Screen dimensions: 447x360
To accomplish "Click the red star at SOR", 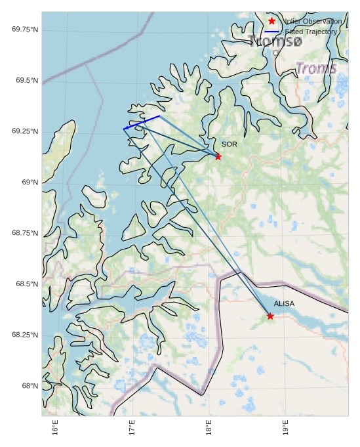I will click(x=218, y=156).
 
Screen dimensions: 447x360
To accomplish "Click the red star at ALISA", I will click(x=270, y=316).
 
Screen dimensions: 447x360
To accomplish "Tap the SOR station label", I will click(x=229, y=144).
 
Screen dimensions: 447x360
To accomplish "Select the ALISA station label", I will click(x=284, y=304).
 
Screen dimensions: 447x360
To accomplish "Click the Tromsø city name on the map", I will click(x=275, y=41).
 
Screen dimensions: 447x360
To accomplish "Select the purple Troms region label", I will click(x=316, y=68).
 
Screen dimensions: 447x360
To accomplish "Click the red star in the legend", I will click(x=271, y=21).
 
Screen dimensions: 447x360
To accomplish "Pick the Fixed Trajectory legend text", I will click(x=311, y=32).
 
